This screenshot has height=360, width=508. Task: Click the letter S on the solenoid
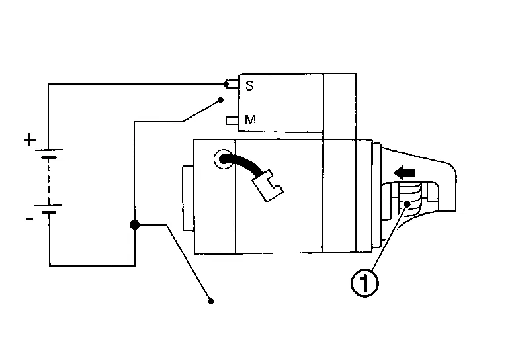249,85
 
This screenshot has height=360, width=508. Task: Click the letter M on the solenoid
250,120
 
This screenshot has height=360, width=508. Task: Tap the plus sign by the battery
29,140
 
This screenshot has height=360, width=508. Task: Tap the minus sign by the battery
29,219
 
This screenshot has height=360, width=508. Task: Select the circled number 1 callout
365,284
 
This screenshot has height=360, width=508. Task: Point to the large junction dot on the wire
134,225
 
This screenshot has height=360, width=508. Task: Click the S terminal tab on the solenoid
232,85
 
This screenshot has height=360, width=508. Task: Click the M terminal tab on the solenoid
232,120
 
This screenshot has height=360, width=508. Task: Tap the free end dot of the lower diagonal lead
211,302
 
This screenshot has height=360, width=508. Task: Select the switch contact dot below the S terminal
220,101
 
